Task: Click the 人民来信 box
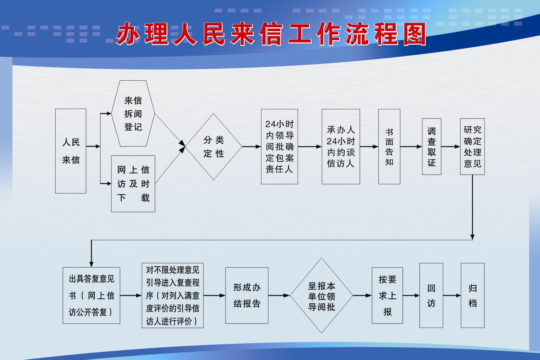pyautogui.click(x=71, y=151)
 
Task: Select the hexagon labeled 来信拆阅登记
pyautogui.click(x=133, y=113)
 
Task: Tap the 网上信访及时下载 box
pyautogui.click(x=133, y=184)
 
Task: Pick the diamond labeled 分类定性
pyautogui.click(x=213, y=146)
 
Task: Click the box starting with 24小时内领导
pyautogui.click(x=280, y=146)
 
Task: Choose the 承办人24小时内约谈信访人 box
pyautogui.click(x=341, y=146)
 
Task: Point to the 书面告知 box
pyautogui.click(x=389, y=146)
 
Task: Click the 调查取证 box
pyautogui.click(x=431, y=146)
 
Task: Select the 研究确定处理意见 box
pyautogui.click(x=472, y=146)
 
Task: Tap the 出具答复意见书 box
pyautogui.click(x=91, y=295)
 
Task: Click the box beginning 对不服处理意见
pyautogui.click(x=172, y=295)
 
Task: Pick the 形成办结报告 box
pyautogui.click(x=247, y=295)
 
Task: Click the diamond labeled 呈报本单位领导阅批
pyautogui.click(x=321, y=295)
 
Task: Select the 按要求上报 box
pyautogui.click(x=387, y=295)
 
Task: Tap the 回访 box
pyautogui.click(x=431, y=295)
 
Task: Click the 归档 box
pyautogui.click(x=473, y=295)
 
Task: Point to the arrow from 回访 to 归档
pyautogui.click(x=452, y=295)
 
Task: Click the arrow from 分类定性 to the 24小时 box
pyautogui.click(x=252, y=146)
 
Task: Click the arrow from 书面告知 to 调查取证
pyautogui.click(x=411, y=146)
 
